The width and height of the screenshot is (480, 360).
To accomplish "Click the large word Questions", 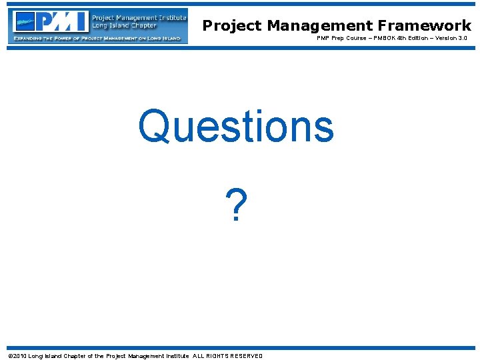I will pyautogui.click(x=235, y=127).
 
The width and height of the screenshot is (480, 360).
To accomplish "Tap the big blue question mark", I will pyautogui.click(x=235, y=207).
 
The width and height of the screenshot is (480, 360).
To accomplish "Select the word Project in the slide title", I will pyautogui.click(x=233, y=26).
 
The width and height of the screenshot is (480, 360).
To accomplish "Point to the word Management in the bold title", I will pyautogui.click(x=320, y=26).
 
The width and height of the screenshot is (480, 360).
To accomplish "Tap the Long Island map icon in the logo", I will pyautogui.click(x=25, y=21).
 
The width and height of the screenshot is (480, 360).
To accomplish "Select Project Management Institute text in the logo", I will pyautogui.click(x=138, y=17).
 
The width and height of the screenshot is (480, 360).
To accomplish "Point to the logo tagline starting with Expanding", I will pyautogui.click(x=97, y=39).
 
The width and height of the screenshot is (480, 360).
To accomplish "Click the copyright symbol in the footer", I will pyautogui.click(x=10, y=356).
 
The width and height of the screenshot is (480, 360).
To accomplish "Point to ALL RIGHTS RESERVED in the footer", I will pyautogui.click(x=228, y=356).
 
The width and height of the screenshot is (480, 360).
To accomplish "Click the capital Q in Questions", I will pyautogui.click(x=155, y=127).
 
